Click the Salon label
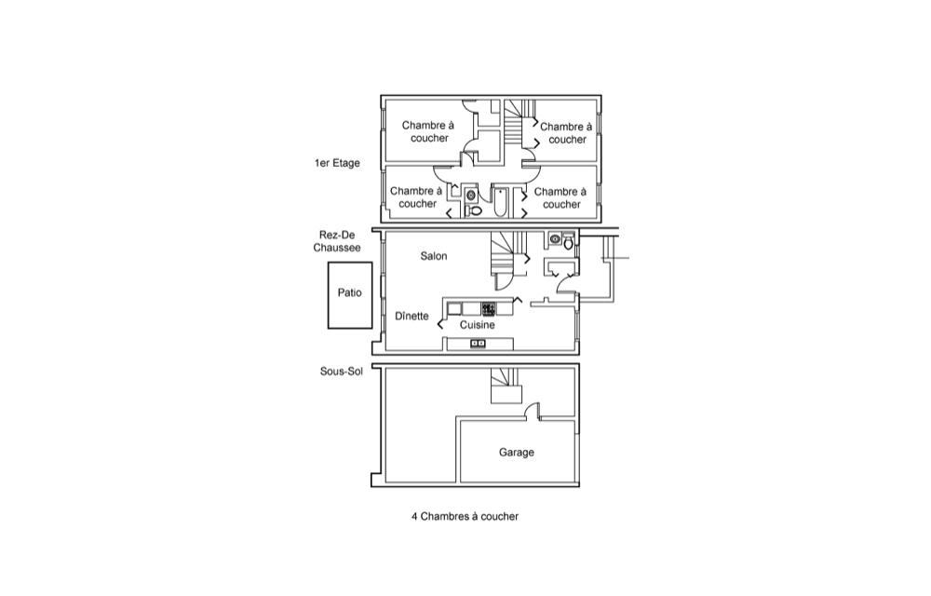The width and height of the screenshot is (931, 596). click(x=433, y=256)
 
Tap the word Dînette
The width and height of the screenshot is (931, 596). click(x=412, y=316)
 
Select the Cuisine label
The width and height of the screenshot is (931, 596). click(x=477, y=325)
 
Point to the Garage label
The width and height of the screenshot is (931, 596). click(x=517, y=453)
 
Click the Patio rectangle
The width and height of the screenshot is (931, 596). click(x=349, y=294)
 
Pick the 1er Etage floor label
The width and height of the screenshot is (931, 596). click(x=337, y=163)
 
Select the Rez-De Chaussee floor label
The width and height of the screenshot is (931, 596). click(x=339, y=242)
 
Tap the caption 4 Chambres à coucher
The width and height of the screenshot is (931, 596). click(x=465, y=516)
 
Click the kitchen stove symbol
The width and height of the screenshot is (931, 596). click(x=488, y=308)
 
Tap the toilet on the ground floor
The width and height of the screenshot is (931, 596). click(x=568, y=241)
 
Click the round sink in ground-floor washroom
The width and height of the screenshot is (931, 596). click(x=556, y=239)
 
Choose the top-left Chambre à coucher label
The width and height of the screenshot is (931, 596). click(x=427, y=131)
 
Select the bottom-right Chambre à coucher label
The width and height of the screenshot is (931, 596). click(x=561, y=197)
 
